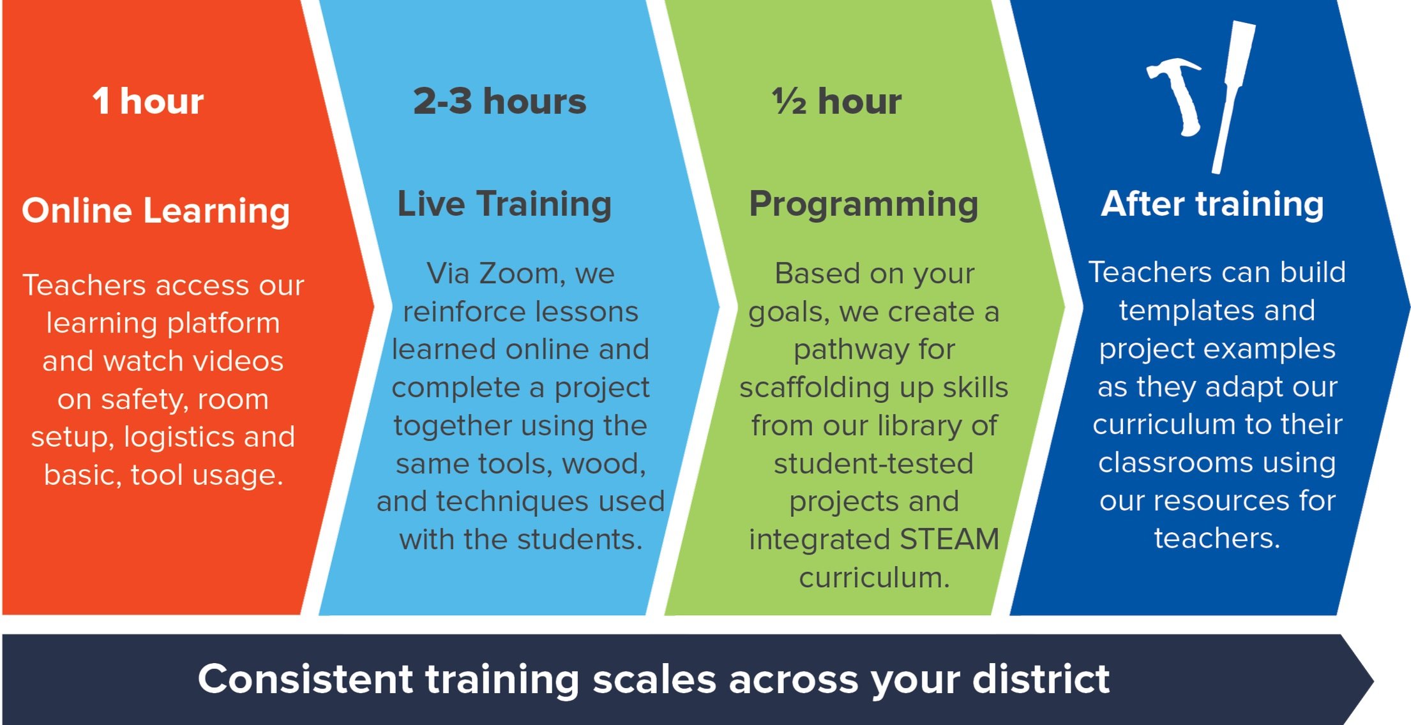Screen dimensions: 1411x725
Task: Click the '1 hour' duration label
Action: [x=148, y=101]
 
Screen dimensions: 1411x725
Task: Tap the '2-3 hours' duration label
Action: [x=499, y=101]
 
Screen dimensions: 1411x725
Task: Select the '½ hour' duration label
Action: [x=837, y=101]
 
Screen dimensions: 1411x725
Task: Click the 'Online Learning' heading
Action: [x=156, y=211]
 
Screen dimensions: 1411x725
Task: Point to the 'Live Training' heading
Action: [x=504, y=205]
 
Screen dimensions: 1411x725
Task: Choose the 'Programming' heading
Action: [x=864, y=205]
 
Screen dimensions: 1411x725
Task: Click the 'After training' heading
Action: [x=1212, y=204]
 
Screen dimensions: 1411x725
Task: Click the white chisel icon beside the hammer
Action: [x=1234, y=96]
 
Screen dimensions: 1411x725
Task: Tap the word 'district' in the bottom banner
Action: [x=1041, y=678]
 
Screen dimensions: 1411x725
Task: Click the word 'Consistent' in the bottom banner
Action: [x=305, y=678]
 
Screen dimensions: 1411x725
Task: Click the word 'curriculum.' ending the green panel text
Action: [x=874, y=578]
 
